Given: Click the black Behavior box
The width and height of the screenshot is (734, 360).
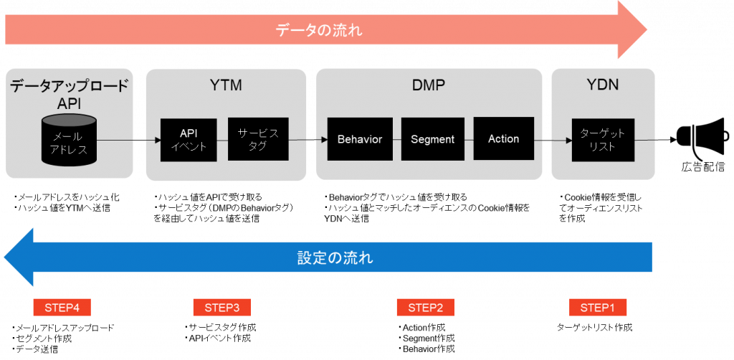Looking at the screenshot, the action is pyautogui.click(x=360, y=139).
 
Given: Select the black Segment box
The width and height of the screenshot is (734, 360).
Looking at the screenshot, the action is pyautogui.click(x=432, y=139).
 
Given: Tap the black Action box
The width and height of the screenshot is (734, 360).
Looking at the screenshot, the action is pyautogui.click(x=504, y=138).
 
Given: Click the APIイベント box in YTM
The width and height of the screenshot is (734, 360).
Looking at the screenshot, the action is pyautogui.click(x=189, y=140).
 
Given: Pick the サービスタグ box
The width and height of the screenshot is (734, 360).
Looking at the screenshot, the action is pyautogui.click(x=258, y=139).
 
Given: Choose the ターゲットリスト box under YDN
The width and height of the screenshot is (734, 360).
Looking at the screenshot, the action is pyautogui.click(x=602, y=140).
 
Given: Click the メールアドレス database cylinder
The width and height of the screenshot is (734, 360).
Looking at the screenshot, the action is pyautogui.click(x=70, y=140).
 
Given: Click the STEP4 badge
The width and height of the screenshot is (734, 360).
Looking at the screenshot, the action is pyautogui.click(x=62, y=308).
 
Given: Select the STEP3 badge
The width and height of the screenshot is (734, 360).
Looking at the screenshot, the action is pyautogui.click(x=222, y=308).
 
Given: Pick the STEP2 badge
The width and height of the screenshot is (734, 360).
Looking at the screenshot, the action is pyautogui.click(x=426, y=308).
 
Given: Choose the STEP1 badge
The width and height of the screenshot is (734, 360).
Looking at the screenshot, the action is pyautogui.click(x=598, y=308).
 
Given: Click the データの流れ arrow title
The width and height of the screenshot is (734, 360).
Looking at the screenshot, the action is pyautogui.click(x=319, y=31).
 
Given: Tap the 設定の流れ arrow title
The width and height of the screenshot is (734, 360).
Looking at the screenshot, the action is pyautogui.click(x=335, y=257).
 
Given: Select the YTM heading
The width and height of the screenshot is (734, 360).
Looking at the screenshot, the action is pyautogui.click(x=226, y=85).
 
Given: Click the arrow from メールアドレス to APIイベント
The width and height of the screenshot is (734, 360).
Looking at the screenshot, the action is pyautogui.click(x=129, y=140).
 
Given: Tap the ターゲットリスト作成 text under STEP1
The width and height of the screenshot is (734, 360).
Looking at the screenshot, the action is pyautogui.click(x=594, y=327).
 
